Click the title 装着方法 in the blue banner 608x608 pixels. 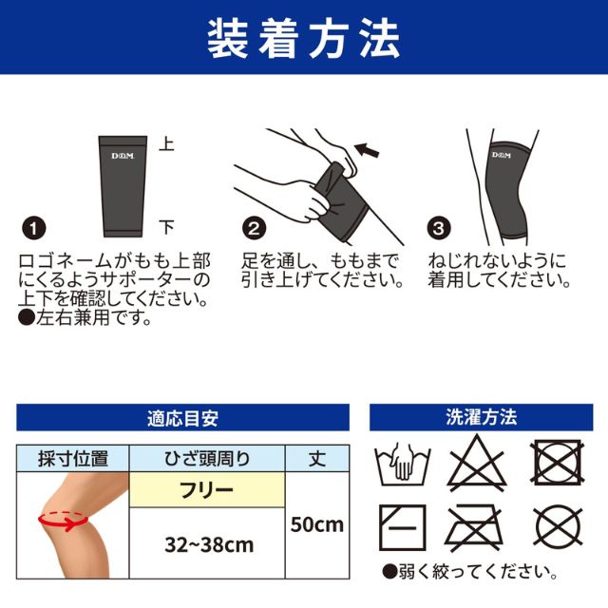[304, 40]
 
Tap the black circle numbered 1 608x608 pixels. [34, 228]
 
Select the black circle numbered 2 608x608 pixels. [254, 228]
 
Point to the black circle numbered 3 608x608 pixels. [439, 228]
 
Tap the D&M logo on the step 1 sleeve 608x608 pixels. [123, 156]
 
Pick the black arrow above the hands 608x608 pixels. [366, 150]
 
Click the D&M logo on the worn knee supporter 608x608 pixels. [502, 155]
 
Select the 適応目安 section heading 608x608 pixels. [182, 418]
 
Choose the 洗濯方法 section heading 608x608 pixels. [482, 417]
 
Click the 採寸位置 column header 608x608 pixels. [73, 459]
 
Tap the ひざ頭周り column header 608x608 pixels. [207, 459]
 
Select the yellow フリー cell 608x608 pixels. [207, 490]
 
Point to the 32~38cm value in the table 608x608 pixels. [209, 544]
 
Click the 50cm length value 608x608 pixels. [317, 524]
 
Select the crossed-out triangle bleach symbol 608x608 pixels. [477, 463]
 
